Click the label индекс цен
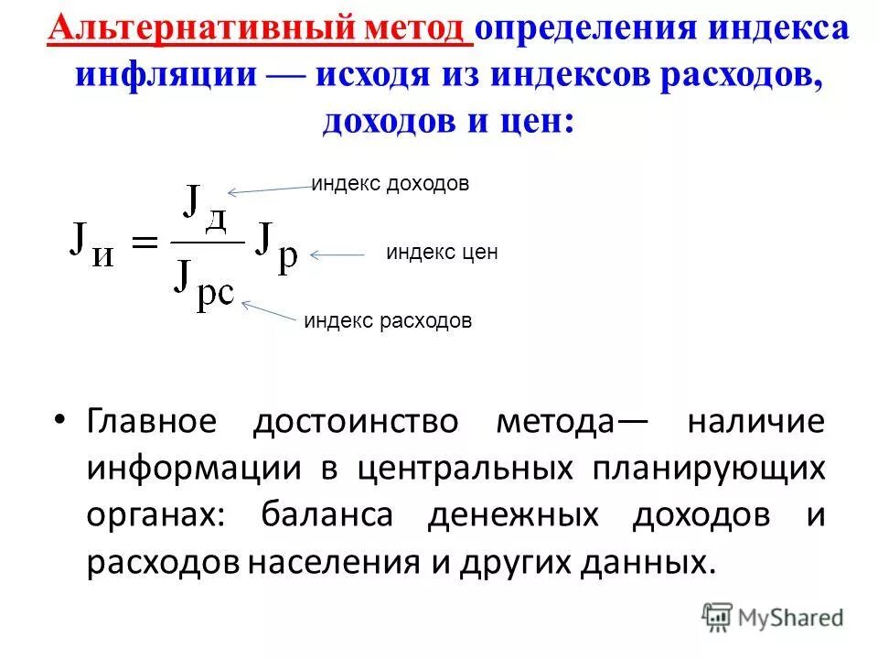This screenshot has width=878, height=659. point(442,254)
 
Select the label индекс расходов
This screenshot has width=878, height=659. point(388,321)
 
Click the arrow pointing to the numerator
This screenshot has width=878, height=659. point(270,189)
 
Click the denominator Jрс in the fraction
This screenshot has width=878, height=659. point(203,286)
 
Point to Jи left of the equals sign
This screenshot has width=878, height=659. point(92,243)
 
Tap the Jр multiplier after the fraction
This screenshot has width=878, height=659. point(275,245)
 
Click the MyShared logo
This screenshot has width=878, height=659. point(773,617)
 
